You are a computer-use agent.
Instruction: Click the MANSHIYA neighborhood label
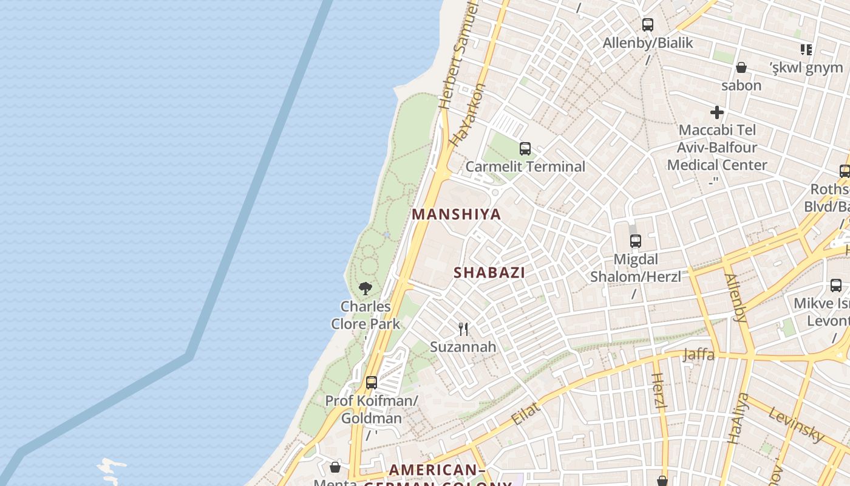pos(457,214)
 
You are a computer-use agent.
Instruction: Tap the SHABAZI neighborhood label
pos(489,273)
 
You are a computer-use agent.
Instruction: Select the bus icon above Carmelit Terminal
pos(525,148)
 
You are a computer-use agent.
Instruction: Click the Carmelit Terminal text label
pos(525,166)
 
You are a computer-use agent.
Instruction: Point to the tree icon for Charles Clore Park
pos(365,289)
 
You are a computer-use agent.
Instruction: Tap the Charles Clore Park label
pos(365,315)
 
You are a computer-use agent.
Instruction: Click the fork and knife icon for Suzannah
pos(463,329)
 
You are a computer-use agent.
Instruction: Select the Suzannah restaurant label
pos(463,347)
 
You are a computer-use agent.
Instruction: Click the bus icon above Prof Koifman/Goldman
pos(372,383)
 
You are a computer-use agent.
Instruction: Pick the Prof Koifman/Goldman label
pos(372,409)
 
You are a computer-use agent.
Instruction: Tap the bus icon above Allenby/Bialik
pos(648,25)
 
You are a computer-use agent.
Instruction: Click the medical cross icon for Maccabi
pos(717,112)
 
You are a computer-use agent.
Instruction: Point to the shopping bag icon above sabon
pos(741,67)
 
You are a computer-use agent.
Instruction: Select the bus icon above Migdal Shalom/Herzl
pos(636,241)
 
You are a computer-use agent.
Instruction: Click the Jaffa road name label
pos(698,354)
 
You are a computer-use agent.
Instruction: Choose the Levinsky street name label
pos(797,424)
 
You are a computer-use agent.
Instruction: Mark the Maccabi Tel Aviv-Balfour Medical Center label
pos(717,148)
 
